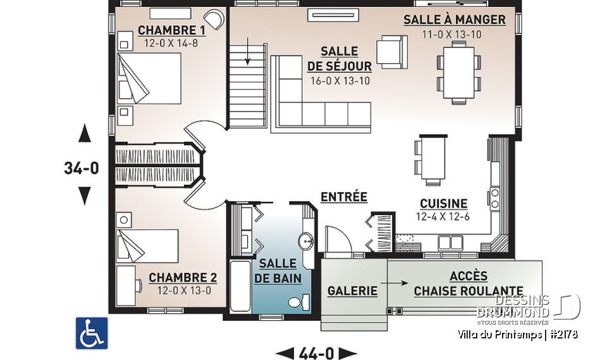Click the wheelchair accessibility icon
tap(92, 333)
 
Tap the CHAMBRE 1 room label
tap(162, 30)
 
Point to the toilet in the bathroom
tap(297, 302)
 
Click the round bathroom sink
tap(305, 241)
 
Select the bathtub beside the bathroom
tap(240, 286)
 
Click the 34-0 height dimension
tap(82, 168)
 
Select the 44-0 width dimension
tap(316, 352)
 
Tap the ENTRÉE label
tap(343, 197)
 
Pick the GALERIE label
tap(352, 291)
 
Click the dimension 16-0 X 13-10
tap(340, 80)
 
